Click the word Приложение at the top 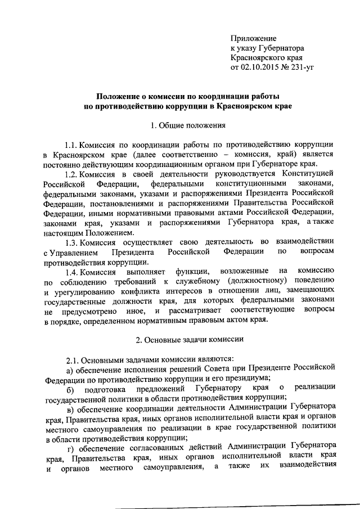(253, 38)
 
